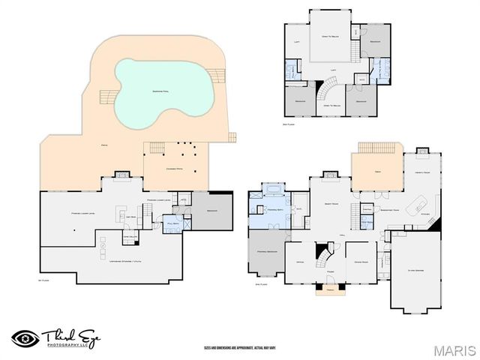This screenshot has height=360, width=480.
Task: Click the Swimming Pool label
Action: click(x=160, y=91)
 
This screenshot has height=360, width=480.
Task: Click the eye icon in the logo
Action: click(x=25, y=337)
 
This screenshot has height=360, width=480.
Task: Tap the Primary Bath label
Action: click(x=274, y=211)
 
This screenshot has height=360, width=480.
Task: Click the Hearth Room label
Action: click(x=421, y=172)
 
